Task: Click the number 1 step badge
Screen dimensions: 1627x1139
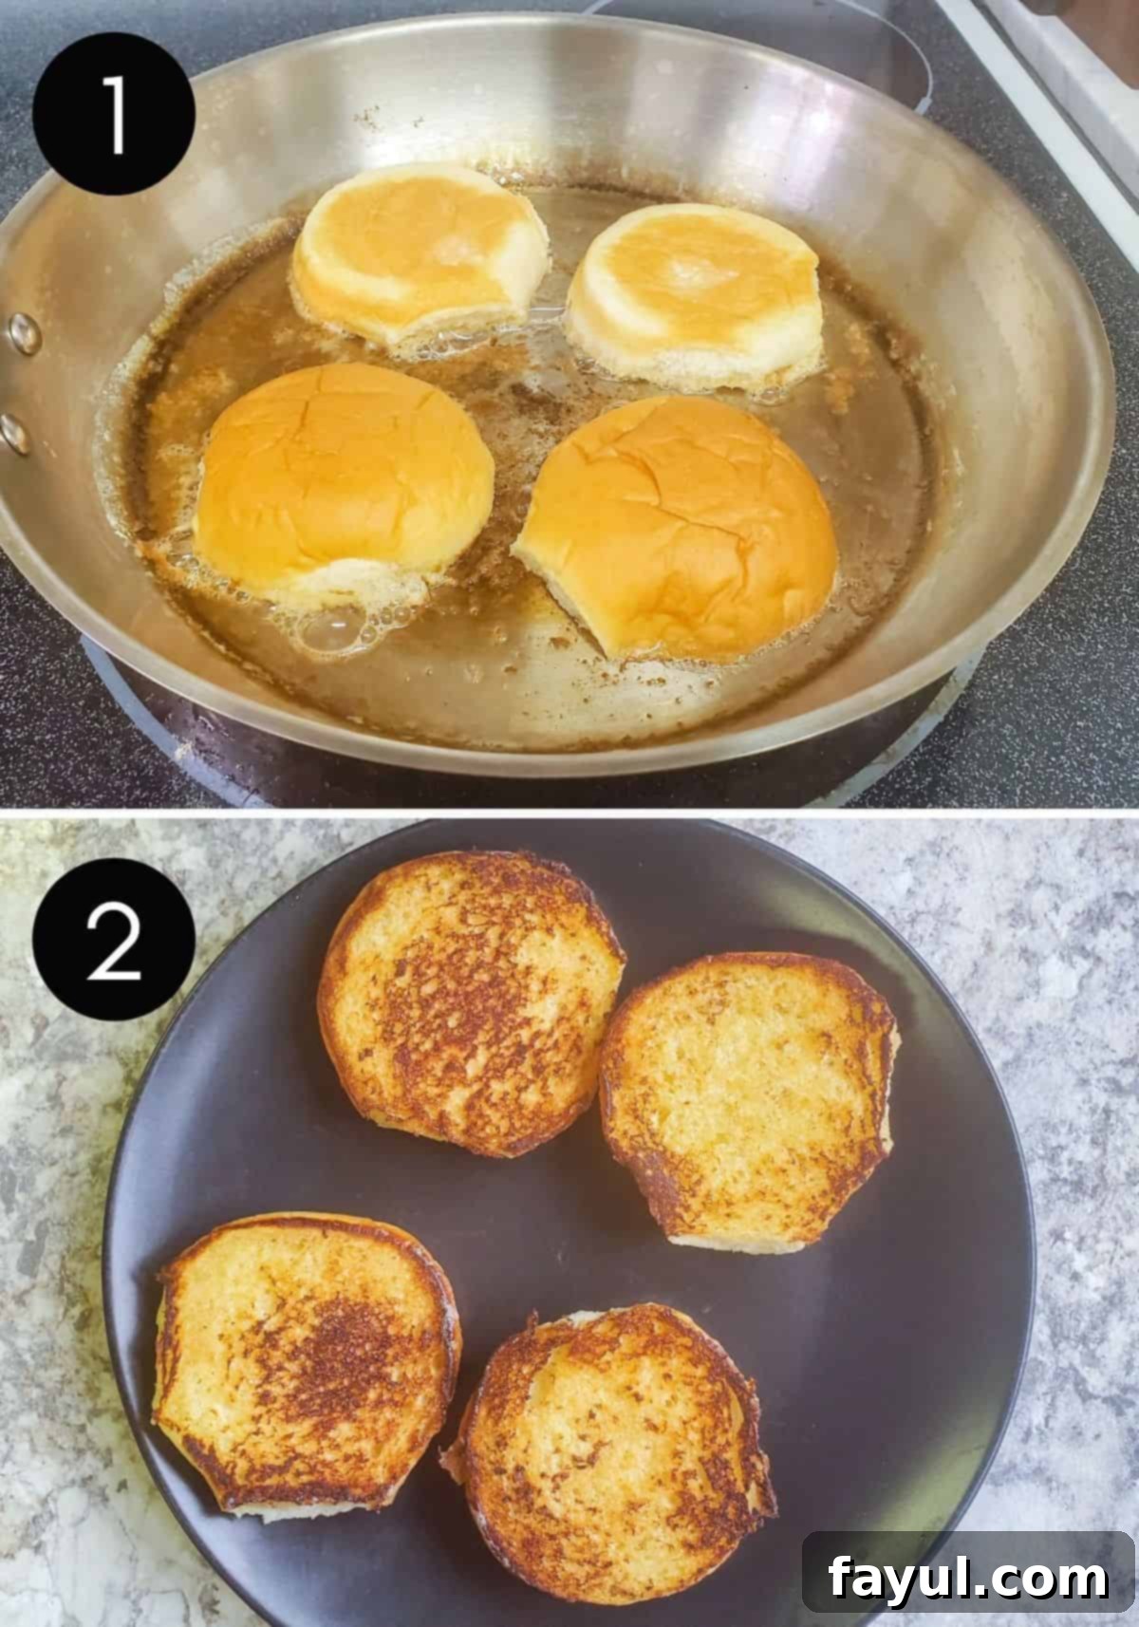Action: pyautogui.click(x=114, y=114)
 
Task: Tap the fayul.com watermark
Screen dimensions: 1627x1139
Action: pyautogui.click(x=968, y=1580)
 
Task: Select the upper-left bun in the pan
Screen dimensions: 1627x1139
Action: pyautogui.click(x=418, y=256)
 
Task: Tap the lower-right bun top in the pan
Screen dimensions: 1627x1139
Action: pyautogui.click(x=679, y=522)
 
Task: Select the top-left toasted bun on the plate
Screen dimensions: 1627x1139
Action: pyautogui.click(x=470, y=1001)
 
